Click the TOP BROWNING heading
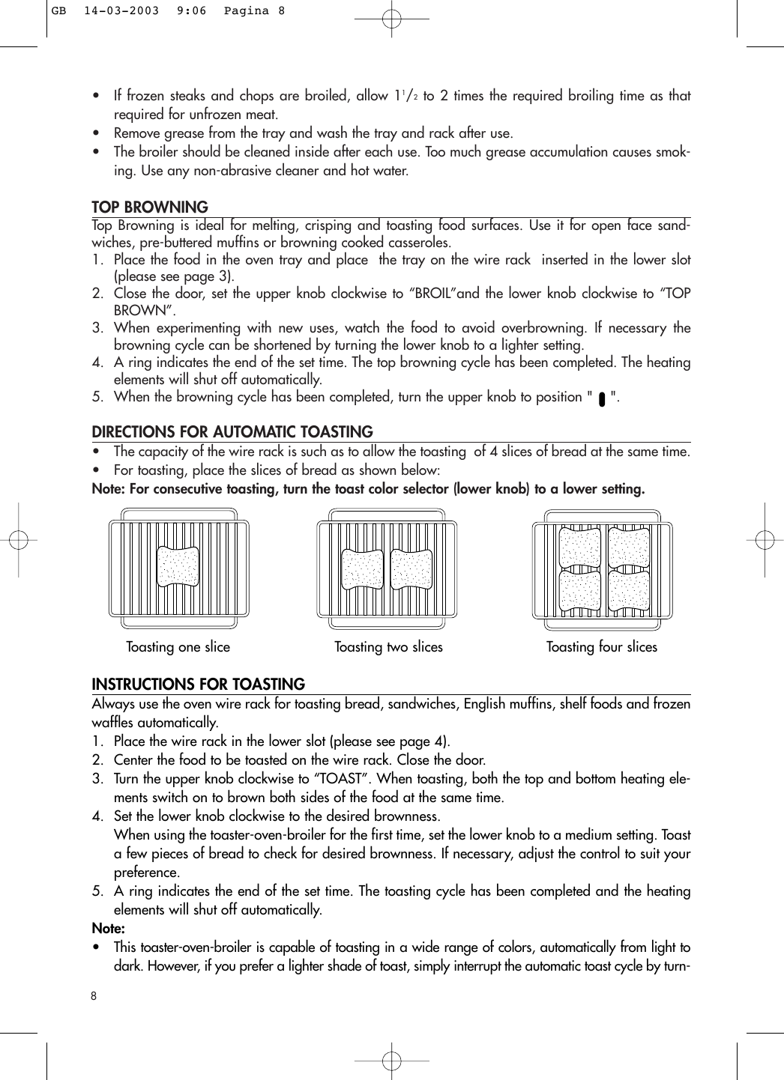(x=150, y=207)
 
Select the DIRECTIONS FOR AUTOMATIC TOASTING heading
(x=232, y=432)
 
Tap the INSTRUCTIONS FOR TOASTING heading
(x=198, y=685)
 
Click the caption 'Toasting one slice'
(x=178, y=647)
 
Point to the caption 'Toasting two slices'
(x=388, y=647)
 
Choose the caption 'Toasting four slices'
(x=601, y=647)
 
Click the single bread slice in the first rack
(x=178, y=567)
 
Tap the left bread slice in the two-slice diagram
(x=363, y=570)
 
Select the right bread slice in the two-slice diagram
(x=411, y=570)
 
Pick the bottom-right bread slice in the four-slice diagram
(x=628, y=591)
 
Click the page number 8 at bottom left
(x=94, y=995)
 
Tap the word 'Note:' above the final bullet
(x=108, y=929)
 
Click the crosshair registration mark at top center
(x=391, y=19)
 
